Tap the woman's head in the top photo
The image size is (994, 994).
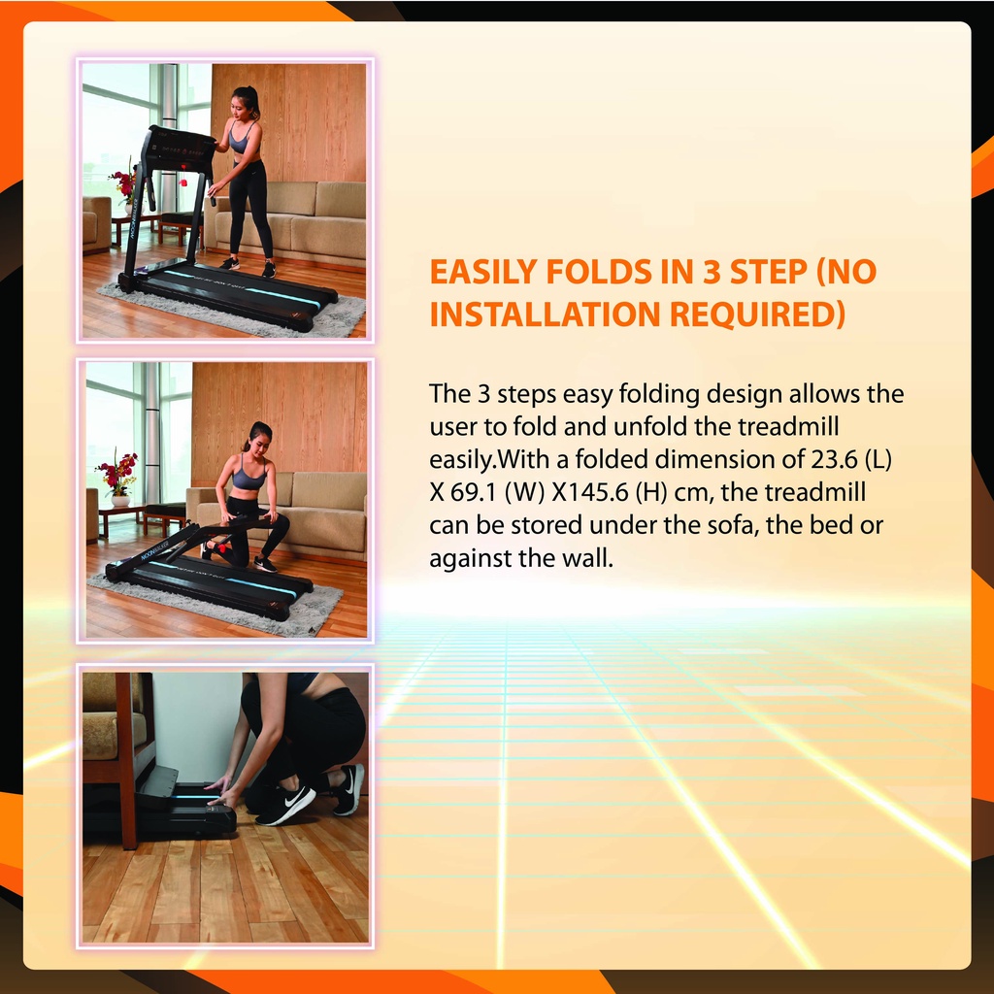point(245,104)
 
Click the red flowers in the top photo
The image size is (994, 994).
point(124,182)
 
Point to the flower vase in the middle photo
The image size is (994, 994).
point(120,500)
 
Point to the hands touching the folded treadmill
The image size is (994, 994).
point(220,791)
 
